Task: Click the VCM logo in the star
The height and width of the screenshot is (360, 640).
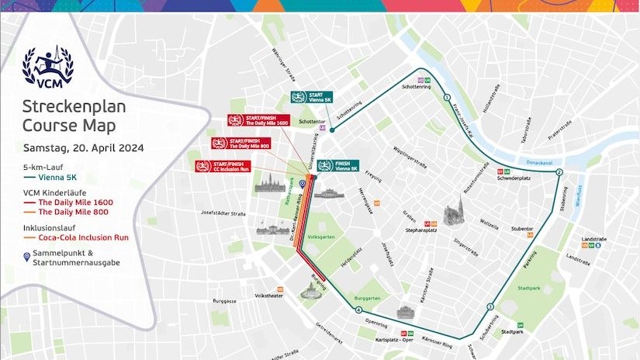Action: click(48, 65)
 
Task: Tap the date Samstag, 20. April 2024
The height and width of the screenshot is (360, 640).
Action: click(83, 147)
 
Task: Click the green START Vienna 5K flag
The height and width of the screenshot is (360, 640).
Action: click(312, 98)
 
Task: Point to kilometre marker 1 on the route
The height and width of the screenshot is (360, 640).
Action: click(448, 98)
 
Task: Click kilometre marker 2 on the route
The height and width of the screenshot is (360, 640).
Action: click(559, 172)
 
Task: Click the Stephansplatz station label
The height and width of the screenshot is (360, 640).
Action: click(423, 230)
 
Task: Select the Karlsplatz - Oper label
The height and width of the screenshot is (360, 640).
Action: click(393, 340)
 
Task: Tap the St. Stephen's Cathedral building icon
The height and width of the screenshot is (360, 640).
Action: click(455, 213)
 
